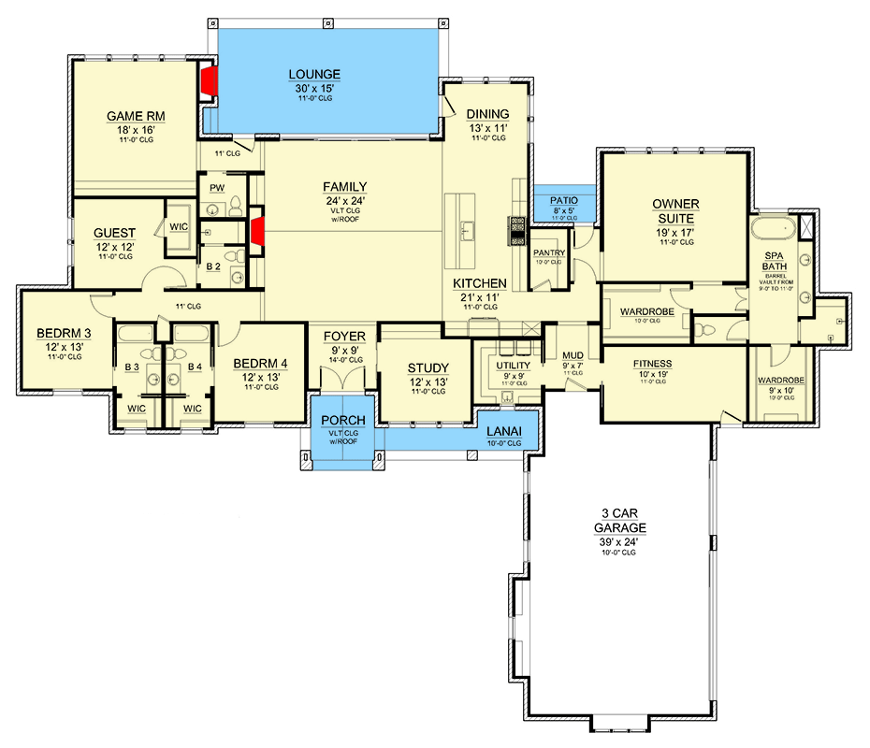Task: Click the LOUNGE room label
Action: point(314,74)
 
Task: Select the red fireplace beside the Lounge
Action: point(210,81)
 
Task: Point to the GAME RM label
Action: point(136,116)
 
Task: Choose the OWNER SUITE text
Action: point(674,211)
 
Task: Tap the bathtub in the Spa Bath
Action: point(772,229)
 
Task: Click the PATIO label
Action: point(562,200)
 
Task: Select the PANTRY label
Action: point(549,252)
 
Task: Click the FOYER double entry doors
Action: point(343,381)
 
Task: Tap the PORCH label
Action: point(342,421)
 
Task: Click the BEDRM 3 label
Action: point(64,333)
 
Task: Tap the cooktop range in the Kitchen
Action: point(517,230)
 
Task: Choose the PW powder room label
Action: point(217,188)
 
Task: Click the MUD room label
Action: point(573,355)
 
